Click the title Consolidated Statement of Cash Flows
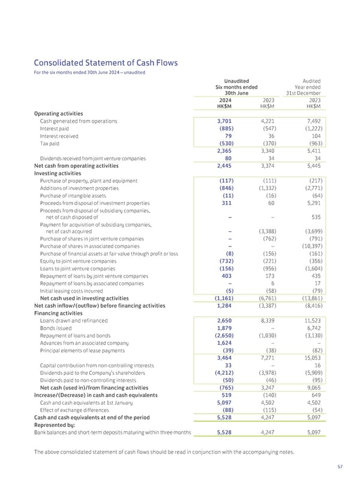point(105,62)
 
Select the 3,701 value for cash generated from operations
point(224,121)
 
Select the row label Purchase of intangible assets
point(74,195)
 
